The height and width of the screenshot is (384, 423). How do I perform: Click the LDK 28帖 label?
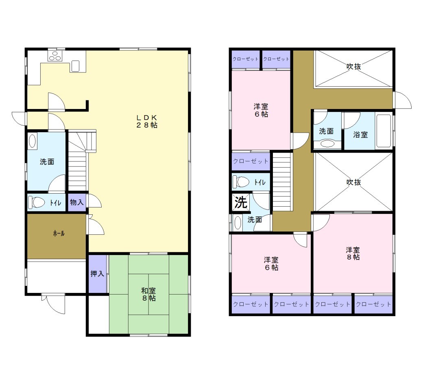(147, 121)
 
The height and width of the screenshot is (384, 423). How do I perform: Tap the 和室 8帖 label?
(148, 295)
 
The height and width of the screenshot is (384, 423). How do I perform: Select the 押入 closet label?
(97, 274)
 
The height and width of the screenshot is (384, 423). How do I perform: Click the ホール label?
(59, 233)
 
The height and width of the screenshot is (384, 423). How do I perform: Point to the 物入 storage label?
(77, 202)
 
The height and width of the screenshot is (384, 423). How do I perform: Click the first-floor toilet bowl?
(37, 202)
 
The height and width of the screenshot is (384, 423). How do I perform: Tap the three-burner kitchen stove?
(55, 56)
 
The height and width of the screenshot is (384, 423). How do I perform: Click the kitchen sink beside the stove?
(75, 66)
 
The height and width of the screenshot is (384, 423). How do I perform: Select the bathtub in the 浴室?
(383, 131)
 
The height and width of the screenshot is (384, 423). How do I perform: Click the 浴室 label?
(360, 135)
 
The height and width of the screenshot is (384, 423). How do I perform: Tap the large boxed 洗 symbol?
(241, 202)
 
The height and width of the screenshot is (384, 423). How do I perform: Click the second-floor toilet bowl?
(241, 182)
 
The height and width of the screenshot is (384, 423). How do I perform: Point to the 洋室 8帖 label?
(353, 253)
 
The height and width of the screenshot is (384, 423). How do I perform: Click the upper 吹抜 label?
(354, 66)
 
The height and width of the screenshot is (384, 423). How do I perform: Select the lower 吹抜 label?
(354, 182)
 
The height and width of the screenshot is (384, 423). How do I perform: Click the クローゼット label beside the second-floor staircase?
(251, 161)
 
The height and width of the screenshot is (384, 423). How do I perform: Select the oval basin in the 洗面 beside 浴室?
(327, 143)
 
